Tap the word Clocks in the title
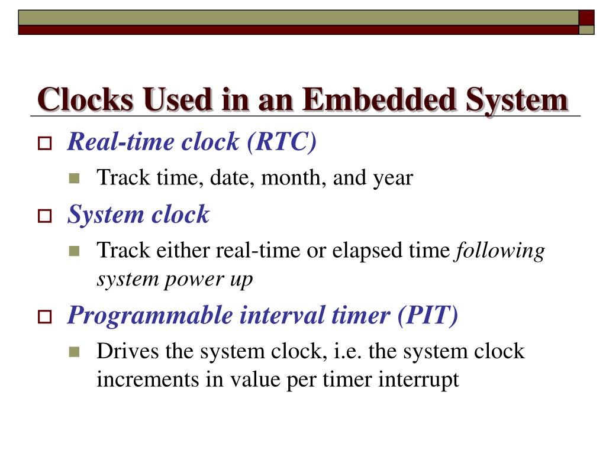click(x=86, y=99)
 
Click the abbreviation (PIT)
click(x=428, y=316)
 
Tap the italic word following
click(x=499, y=251)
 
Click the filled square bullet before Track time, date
click(x=74, y=178)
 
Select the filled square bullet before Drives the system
click(x=74, y=352)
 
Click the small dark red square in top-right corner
click(x=586, y=17)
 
